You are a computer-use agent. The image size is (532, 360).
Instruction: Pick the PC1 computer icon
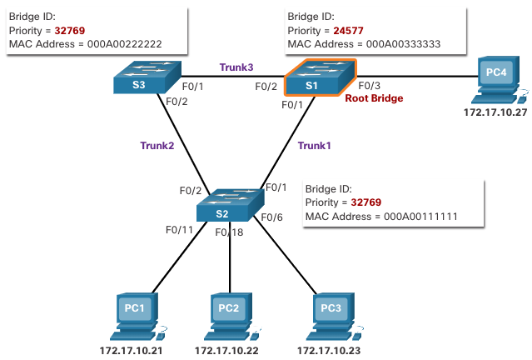pos(135,313)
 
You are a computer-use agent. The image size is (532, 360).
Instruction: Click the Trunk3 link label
pos(236,66)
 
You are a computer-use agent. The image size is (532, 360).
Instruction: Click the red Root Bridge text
pos(375,98)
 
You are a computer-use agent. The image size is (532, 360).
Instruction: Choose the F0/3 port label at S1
pos(370,84)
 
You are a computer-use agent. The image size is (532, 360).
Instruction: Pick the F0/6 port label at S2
pos(273,217)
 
